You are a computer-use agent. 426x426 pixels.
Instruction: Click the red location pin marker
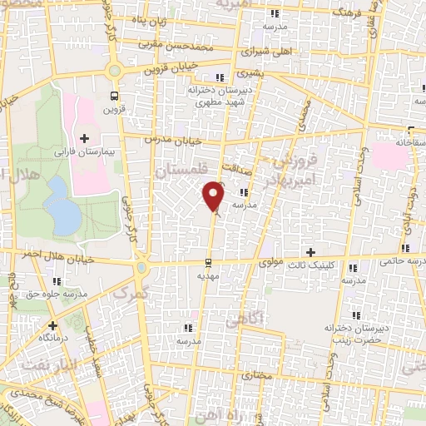(x=214, y=196)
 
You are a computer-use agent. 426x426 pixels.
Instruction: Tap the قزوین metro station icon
(x=116, y=95)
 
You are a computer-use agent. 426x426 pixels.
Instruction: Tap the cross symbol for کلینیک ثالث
(x=311, y=252)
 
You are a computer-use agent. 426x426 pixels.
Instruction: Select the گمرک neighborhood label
(x=132, y=295)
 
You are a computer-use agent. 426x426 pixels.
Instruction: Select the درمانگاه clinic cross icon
(x=52, y=325)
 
